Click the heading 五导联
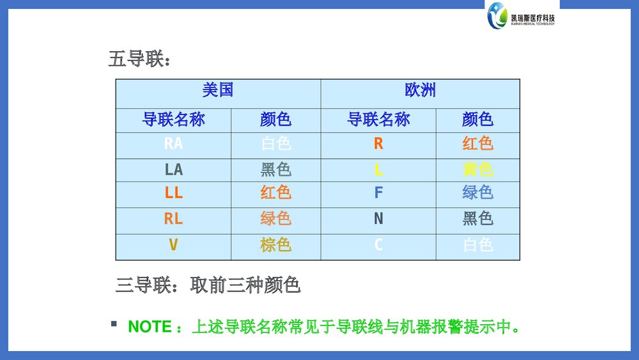[139, 60]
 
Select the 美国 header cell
[218, 90]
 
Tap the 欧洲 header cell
[420, 90]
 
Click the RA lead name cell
[173, 144]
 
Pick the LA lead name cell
[173, 169]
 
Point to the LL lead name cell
[173, 192]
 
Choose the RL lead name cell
[173, 219]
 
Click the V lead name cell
[173, 245]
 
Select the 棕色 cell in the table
[275, 245]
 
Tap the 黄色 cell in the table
[477, 169]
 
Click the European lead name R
[378, 144]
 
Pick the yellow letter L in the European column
[378, 169]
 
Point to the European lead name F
[378, 192]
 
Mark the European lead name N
[378, 219]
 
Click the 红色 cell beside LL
[275, 192]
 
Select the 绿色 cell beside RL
[275, 219]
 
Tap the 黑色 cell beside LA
[275, 169]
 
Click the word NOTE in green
[150, 327]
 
